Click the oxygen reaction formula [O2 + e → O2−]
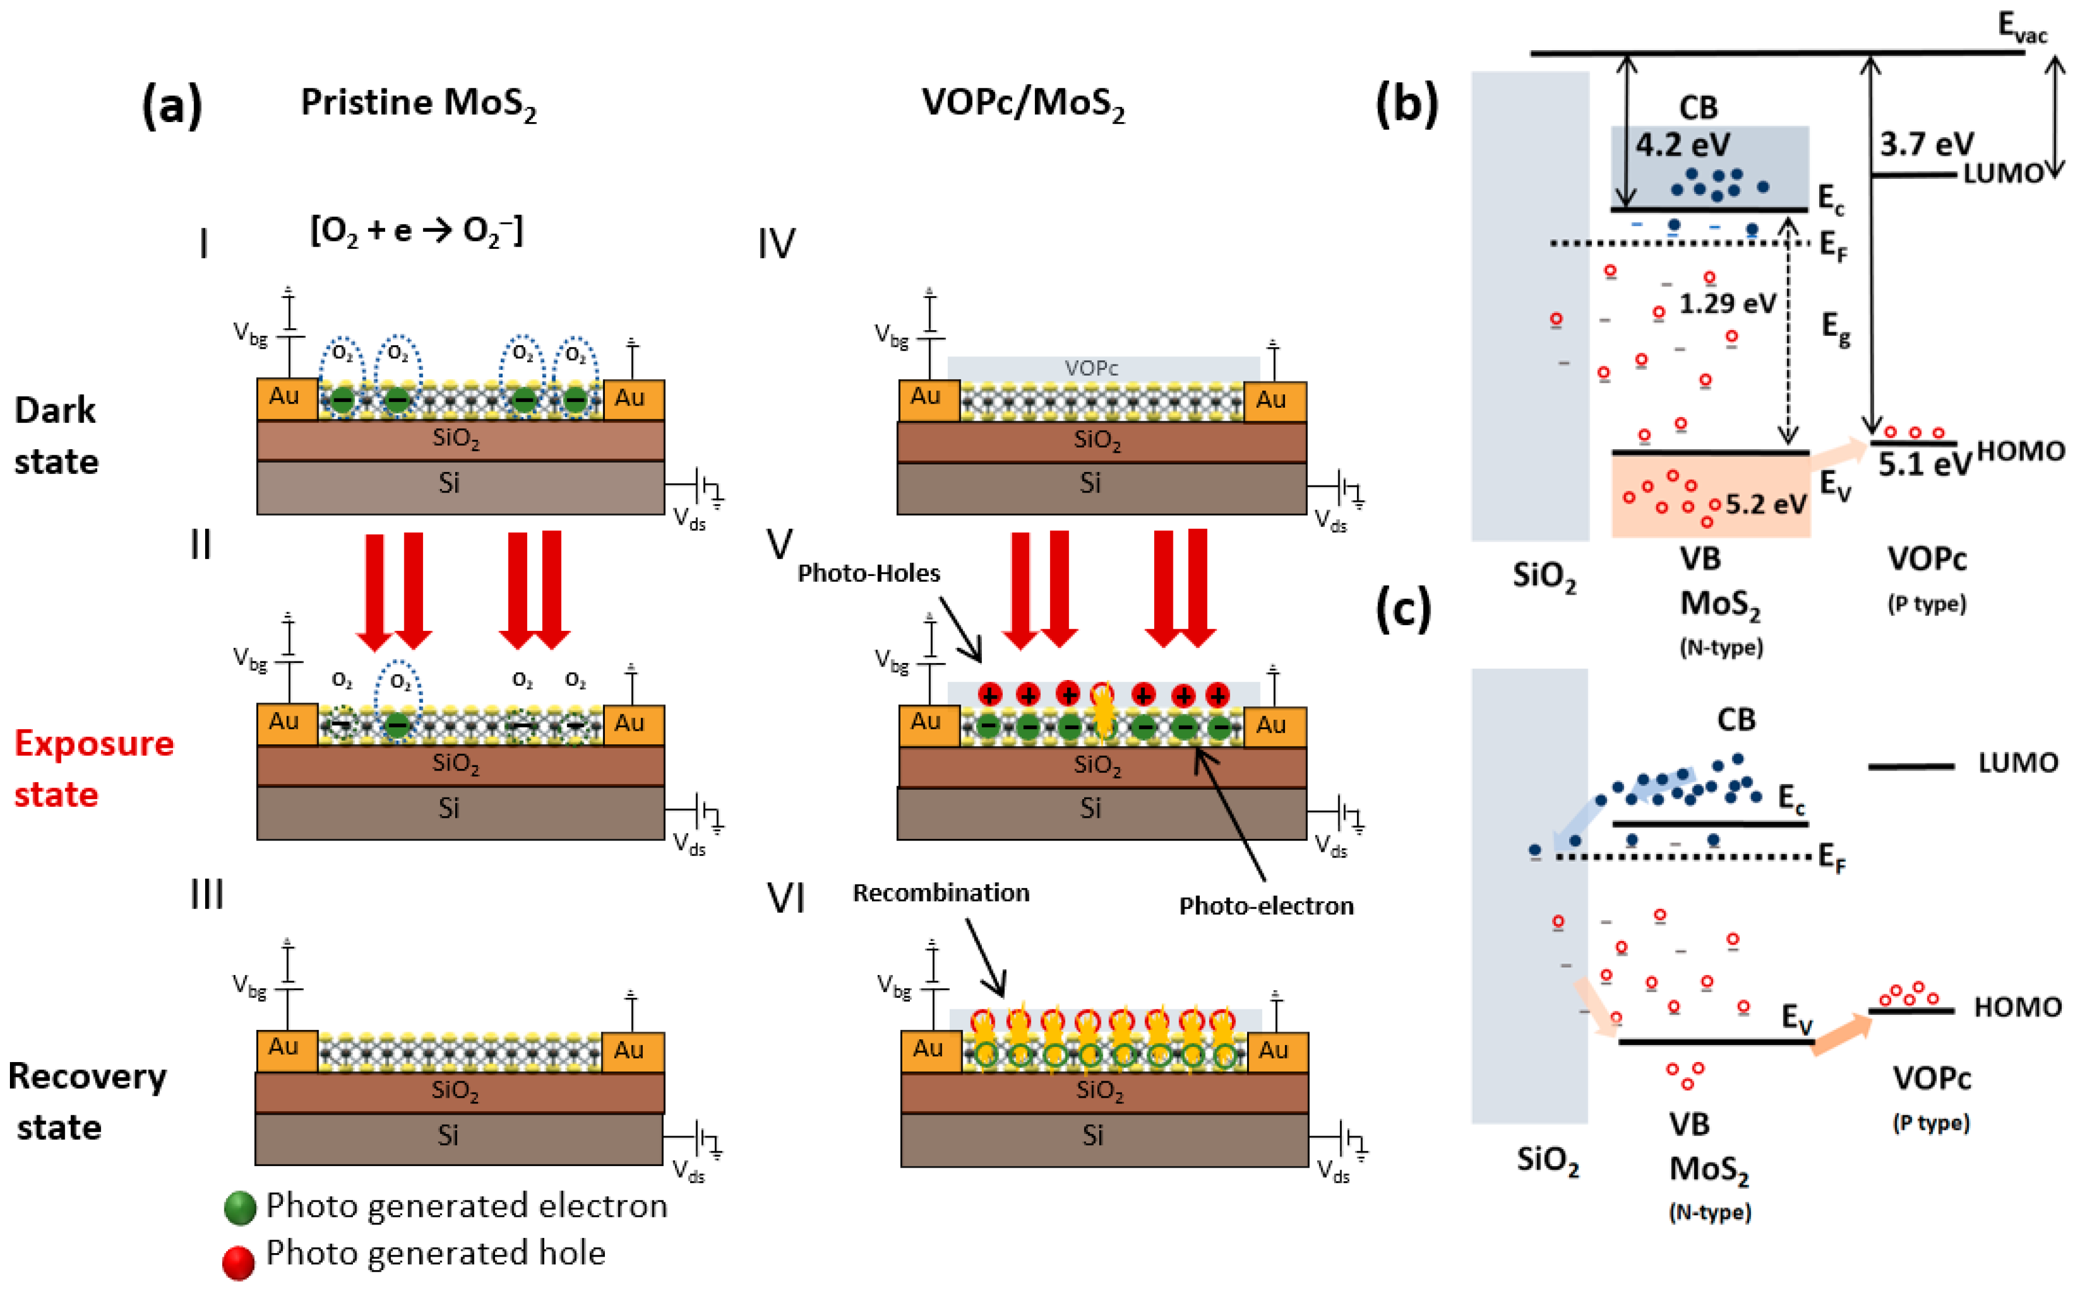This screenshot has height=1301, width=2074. (417, 231)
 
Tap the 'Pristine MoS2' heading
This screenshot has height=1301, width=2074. (418, 103)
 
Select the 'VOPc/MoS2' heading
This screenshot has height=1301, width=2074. (1022, 103)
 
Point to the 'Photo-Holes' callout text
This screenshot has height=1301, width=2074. (868, 573)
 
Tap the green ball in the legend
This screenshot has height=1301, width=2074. (240, 1207)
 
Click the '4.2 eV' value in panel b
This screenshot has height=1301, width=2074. (1682, 144)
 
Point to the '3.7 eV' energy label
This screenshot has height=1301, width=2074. (1926, 144)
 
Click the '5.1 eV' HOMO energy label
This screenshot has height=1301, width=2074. (1923, 464)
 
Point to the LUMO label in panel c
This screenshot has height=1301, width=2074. (2017, 762)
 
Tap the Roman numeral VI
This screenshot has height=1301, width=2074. (785, 898)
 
